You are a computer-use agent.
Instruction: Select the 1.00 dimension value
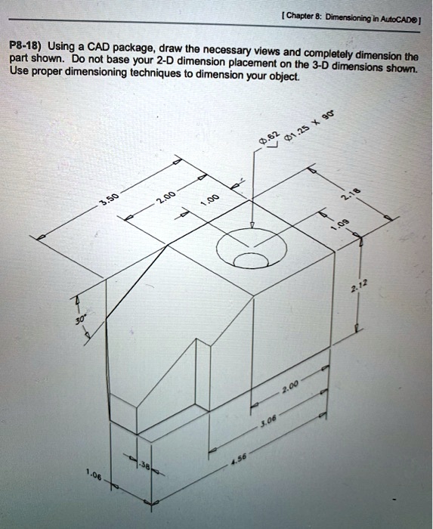pyautogui.click(x=212, y=200)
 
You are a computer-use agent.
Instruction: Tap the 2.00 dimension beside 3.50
pyautogui.click(x=165, y=199)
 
